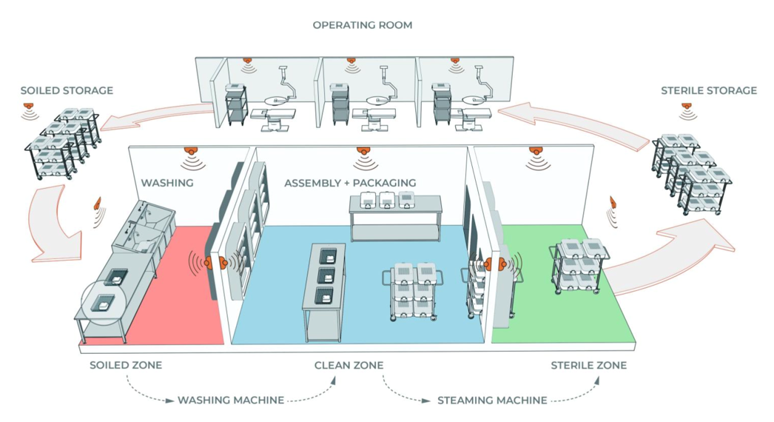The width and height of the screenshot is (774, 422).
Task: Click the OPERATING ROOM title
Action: click(362, 25)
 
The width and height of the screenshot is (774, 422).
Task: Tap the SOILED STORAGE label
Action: click(67, 91)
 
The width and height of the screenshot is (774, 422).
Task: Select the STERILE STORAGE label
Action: click(708, 91)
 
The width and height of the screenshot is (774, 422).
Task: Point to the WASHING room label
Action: click(167, 182)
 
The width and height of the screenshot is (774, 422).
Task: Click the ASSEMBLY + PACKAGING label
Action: click(350, 183)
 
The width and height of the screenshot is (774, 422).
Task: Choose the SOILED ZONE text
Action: click(126, 366)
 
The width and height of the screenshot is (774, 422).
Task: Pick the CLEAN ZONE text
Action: click(349, 366)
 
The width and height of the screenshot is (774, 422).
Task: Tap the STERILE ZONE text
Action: click(588, 366)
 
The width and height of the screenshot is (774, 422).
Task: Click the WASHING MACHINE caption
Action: click(231, 401)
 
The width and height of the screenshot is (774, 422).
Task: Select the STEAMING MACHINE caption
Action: click(492, 401)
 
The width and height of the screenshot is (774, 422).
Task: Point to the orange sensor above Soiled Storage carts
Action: click(29, 108)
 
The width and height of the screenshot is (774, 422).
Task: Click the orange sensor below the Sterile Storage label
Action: click(687, 108)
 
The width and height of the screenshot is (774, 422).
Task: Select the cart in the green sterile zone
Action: click(579, 267)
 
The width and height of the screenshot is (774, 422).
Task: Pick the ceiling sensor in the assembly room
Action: click(362, 153)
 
